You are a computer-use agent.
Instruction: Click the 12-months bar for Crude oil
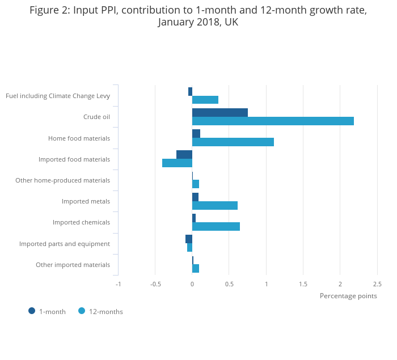coord(273,121)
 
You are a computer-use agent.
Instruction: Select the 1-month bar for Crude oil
coord(220,112)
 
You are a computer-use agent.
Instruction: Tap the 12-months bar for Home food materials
coord(233,142)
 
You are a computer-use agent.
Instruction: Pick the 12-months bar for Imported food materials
coord(177,163)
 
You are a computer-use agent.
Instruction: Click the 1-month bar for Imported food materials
coord(184,155)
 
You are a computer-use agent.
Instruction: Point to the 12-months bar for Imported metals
coord(215,205)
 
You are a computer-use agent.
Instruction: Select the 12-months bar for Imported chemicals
coord(216,227)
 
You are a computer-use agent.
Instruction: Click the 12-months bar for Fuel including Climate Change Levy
coord(205,100)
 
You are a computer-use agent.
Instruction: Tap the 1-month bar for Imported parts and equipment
coord(189,239)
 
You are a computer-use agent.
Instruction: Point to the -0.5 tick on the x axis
coord(155,284)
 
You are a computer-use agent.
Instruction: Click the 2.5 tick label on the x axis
coord(377,284)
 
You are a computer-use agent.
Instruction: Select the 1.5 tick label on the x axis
coord(303,284)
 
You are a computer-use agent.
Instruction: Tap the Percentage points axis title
coord(348,295)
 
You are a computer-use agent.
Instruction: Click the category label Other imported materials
coord(73,265)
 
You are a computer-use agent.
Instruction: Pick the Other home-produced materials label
coord(62,180)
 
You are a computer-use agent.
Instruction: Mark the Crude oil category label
coord(96,117)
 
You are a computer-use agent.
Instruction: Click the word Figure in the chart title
coord(48,10)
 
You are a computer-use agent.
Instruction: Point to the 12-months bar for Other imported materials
coord(196,268)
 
